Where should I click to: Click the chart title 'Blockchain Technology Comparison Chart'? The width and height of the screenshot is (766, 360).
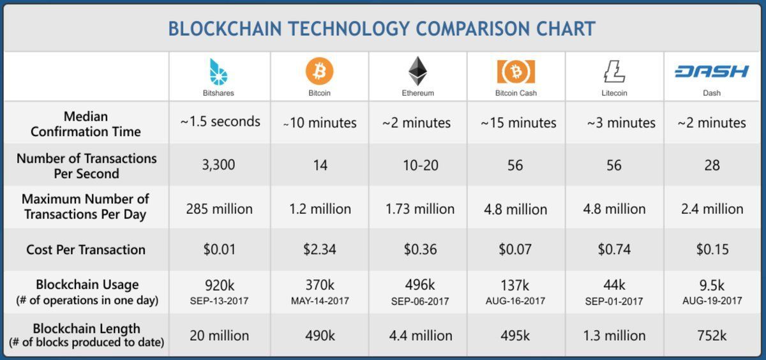click(x=382, y=28)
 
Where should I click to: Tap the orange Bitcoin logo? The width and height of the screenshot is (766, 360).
click(x=319, y=71)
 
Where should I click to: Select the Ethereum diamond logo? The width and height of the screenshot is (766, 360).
click(x=417, y=71)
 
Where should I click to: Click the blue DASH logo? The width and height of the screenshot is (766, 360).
click(x=712, y=71)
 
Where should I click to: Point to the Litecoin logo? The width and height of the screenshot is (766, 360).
click(x=614, y=71)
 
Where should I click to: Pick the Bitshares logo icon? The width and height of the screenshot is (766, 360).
click(x=218, y=71)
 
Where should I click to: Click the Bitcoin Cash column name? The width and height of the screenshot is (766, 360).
click(x=516, y=93)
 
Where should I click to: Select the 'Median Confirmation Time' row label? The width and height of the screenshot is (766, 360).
click(x=86, y=124)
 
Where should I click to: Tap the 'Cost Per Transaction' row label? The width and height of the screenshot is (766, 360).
click(x=86, y=250)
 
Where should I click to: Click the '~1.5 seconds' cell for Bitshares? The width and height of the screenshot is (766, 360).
click(x=220, y=122)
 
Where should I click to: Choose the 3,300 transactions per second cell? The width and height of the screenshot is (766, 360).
click(x=218, y=165)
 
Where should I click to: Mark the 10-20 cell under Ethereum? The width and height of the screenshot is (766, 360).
click(x=420, y=165)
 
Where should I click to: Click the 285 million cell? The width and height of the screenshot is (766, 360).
click(x=219, y=209)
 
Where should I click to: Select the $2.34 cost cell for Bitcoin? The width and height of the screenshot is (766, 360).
click(x=320, y=249)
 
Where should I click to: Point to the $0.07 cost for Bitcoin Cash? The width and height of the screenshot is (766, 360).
click(x=515, y=249)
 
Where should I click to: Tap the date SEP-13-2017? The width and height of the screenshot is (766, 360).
click(x=219, y=301)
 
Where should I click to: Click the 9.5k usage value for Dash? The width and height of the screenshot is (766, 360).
click(x=712, y=285)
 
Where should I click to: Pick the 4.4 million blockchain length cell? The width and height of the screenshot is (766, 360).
click(x=420, y=336)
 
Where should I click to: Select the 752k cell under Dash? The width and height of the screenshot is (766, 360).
click(x=712, y=336)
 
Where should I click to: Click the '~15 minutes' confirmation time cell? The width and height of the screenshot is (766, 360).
click(x=518, y=123)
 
